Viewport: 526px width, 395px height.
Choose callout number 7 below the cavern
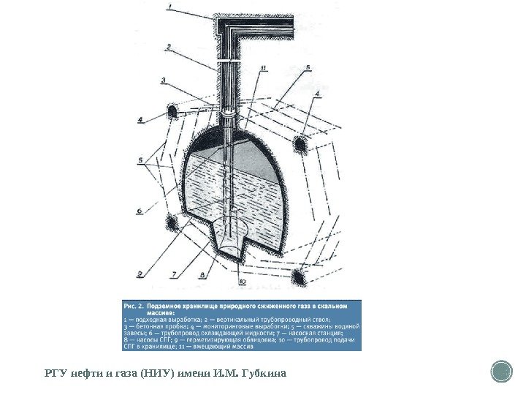pyautogui.click(x=174, y=274)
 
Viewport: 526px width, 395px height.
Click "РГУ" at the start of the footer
pyautogui.click(x=56, y=375)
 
